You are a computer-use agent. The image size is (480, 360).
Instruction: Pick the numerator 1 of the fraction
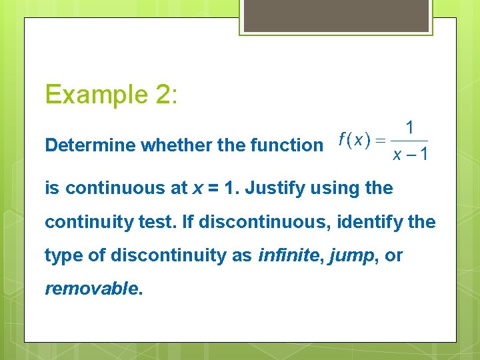[409, 127]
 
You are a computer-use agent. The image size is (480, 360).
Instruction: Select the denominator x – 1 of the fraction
[409, 155]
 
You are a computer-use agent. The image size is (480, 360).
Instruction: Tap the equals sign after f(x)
[379, 140]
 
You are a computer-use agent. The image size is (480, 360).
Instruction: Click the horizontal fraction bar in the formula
[409, 141]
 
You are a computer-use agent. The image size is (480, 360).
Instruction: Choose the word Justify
[274, 189]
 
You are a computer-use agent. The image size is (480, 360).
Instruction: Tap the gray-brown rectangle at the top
[335, 15]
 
